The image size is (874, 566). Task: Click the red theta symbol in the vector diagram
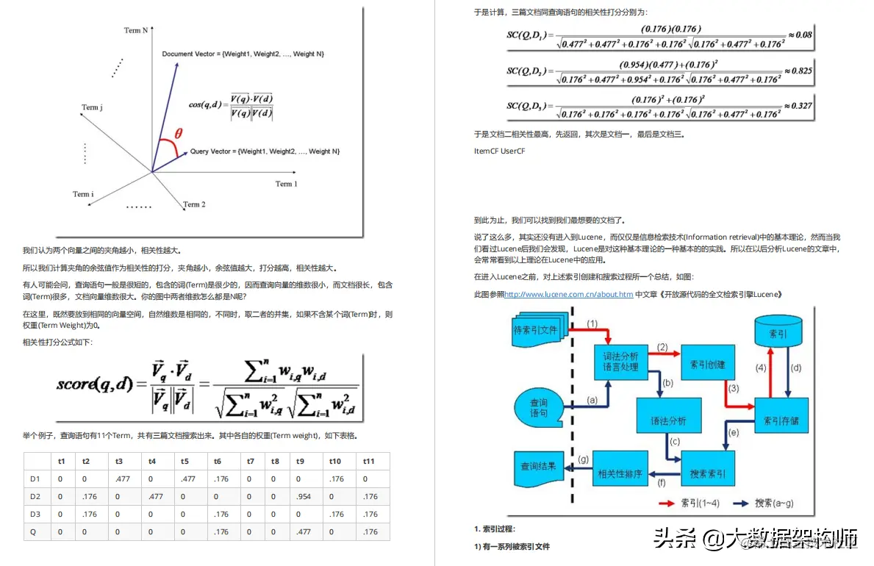(179, 134)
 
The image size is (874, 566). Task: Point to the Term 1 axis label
(286, 184)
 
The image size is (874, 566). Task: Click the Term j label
(92, 107)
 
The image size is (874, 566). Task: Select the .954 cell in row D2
(304, 496)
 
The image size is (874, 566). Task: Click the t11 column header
(370, 461)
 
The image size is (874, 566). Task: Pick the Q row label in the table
(33, 531)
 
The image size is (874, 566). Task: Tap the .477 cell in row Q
(304, 531)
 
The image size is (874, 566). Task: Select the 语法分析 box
(668, 421)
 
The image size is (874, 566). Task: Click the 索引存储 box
(781, 420)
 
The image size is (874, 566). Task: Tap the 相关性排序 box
(621, 474)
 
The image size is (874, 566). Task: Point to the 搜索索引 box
(708, 474)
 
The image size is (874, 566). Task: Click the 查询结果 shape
(540, 468)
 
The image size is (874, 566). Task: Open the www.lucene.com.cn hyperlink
(569, 294)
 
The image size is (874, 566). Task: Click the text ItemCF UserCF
(500, 151)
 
